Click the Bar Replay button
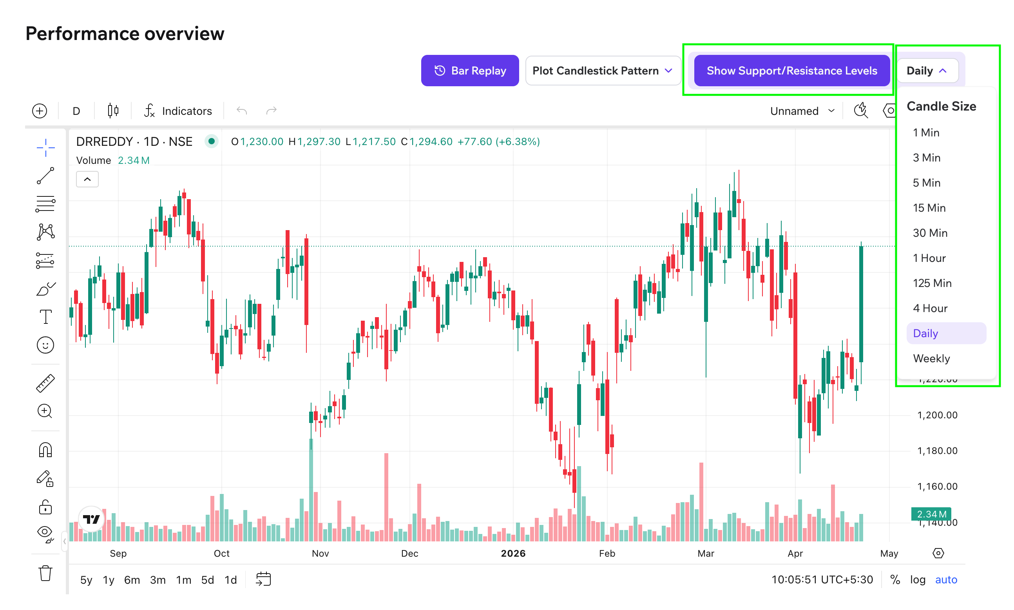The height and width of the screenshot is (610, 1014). tap(469, 71)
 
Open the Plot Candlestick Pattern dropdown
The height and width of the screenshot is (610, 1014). tap(602, 71)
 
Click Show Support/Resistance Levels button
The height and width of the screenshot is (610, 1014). tap(791, 71)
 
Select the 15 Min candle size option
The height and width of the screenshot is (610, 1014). tap(929, 208)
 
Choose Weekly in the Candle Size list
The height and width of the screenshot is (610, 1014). tap(931, 358)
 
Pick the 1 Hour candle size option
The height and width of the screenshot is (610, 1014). tap(929, 258)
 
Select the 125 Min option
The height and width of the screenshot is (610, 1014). tap(931, 283)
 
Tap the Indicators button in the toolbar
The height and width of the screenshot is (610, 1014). tap(178, 111)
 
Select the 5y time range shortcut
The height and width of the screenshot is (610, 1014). tap(86, 579)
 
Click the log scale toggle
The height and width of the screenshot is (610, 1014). tap(917, 579)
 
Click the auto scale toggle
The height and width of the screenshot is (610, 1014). tap(945, 579)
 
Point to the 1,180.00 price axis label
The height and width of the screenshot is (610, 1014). tap(937, 451)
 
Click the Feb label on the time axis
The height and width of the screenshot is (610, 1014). tap(607, 553)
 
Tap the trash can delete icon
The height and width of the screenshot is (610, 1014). tap(45, 573)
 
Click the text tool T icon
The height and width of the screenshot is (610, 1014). tap(45, 317)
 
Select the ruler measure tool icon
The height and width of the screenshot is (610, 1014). tap(45, 383)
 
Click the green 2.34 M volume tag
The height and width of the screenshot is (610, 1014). tap(931, 514)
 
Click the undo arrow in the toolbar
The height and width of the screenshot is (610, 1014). tap(241, 111)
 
